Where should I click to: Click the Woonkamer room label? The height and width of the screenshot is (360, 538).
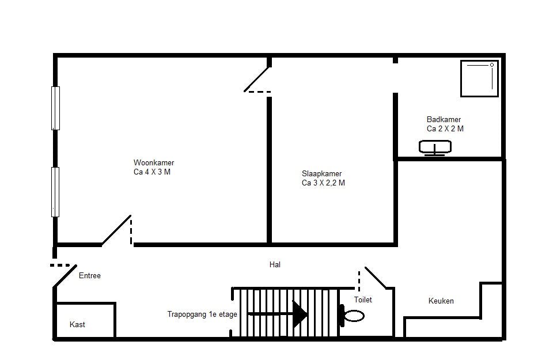pyautogui.click(x=154, y=162)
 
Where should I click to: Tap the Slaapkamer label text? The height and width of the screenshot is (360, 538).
pyautogui.click(x=321, y=173)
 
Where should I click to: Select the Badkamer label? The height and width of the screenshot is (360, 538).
pyautogui.click(x=444, y=119)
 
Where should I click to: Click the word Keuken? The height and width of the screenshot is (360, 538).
pyautogui.click(x=441, y=301)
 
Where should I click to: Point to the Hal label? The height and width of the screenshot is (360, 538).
pyautogui.click(x=275, y=264)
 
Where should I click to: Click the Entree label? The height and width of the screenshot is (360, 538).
pyautogui.click(x=89, y=275)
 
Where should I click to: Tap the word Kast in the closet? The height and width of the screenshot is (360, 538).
pyautogui.click(x=77, y=325)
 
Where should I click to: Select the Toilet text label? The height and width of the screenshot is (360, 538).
pyautogui.click(x=363, y=300)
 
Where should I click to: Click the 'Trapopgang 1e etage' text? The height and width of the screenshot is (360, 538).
pyautogui.click(x=202, y=314)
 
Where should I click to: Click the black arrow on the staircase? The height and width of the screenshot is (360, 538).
pyautogui.click(x=278, y=314)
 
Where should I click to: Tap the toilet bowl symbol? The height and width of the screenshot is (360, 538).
pyautogui.click(x=352, y=316)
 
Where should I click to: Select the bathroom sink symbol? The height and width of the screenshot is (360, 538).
pyautogui.click(x=435, y=147)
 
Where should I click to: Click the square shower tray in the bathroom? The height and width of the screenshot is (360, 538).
pyautogui.click(x=479, y=78)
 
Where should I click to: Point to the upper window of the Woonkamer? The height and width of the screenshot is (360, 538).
pyautogui.click(x=55, y=108)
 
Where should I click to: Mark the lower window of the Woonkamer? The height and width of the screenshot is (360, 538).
pyautogui.click(x=55, y=192)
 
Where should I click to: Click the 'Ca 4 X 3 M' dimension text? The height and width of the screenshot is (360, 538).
pyautogui.click(x=152, y=172)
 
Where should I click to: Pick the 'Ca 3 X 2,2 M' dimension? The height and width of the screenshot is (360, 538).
pyautogui.click(x=323, y=183)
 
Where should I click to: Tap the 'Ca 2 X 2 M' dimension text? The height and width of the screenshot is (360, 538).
pyautogui.click(x=445, y=128)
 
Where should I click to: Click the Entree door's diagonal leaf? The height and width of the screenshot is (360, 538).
pyautogui.click(x=65, y=276)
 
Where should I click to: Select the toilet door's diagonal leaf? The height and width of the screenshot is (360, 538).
pyautogui.click(x=376, y=278)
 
